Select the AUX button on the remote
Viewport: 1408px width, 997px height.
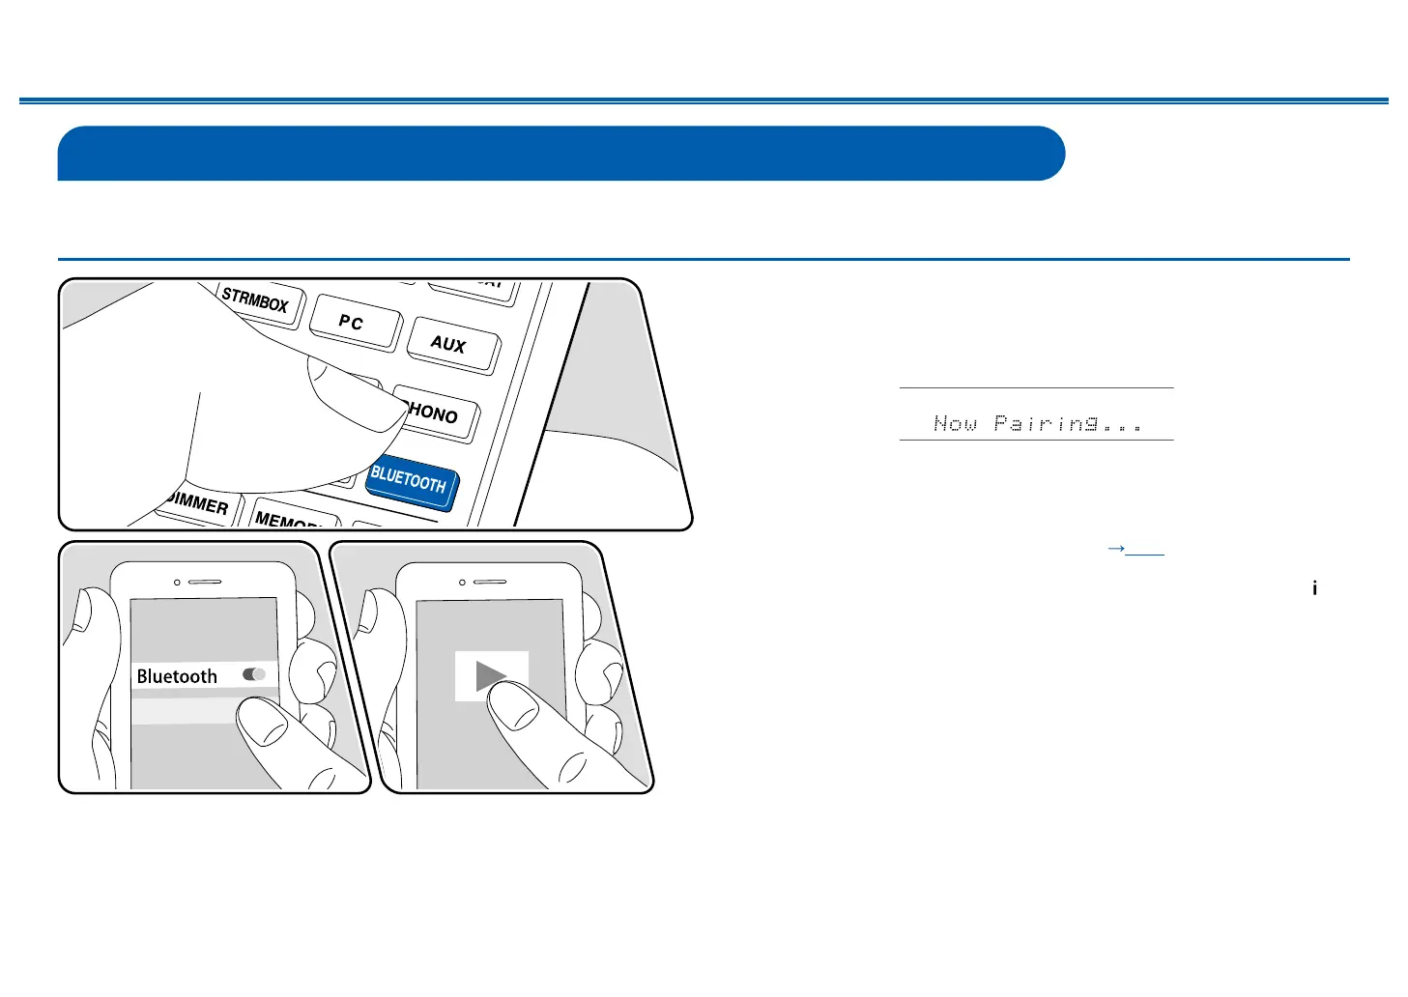[450, 344]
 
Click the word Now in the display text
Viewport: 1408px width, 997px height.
[955, 423]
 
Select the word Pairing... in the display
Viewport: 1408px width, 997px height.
[1069, 423]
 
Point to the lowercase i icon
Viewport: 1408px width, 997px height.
[1314, 587]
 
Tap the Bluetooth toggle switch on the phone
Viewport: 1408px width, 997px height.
[254, 674]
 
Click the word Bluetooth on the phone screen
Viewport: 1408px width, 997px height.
[177, 676]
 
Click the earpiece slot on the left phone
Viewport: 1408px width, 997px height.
[205, 583]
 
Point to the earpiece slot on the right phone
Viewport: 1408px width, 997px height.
[490, 583]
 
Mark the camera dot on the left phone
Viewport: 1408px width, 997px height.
[177, 583]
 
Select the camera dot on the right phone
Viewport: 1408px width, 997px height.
[462, 583]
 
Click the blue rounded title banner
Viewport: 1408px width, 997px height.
[560, 153]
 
